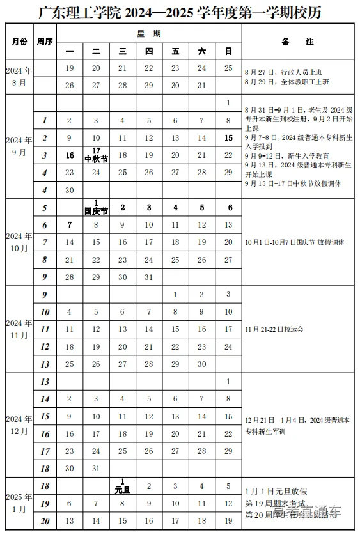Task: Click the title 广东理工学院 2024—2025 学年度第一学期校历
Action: [x=180, y=12]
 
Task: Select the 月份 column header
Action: [x=19, y=42]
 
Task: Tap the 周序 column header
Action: [x=45, y=42]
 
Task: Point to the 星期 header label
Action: [x=148, y=33]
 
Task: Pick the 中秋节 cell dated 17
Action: [x=96, y=155]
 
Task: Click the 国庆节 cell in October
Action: [x=96, y=207]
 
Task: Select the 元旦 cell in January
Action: [x=122, y=486]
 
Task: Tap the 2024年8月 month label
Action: [x=19, y=77]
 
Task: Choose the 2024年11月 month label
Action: [x=19, y=329]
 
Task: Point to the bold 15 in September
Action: [x=228, y=138]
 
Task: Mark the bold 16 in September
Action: [x=70, y=155]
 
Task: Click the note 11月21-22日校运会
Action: [x=274, y=329]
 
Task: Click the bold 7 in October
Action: [x=70, y=225]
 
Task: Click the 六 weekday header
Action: [x=201, y=51]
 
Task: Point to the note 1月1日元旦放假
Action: [x=276, y=491]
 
